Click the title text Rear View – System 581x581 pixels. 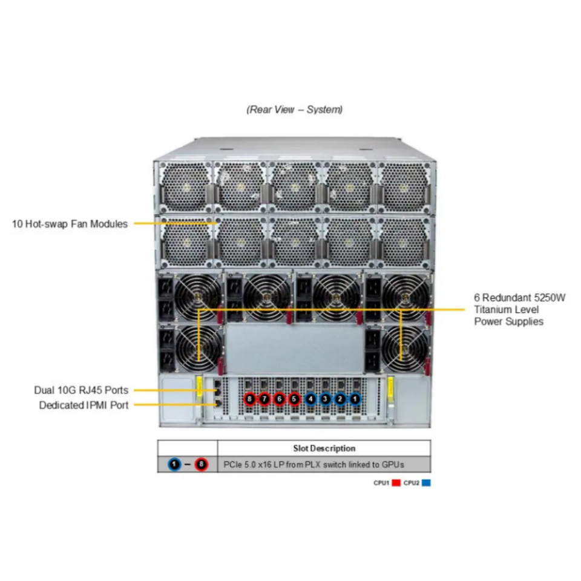(x=294, y=110)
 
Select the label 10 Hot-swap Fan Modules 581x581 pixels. (x=70, y=224)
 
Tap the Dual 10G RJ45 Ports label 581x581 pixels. (x=82, y=390)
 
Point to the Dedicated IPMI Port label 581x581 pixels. (x=84, y=405)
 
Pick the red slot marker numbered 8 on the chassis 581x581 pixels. (x=250, y=399)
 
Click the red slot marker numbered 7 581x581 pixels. (x=264, y=399)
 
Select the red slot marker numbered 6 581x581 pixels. (x=279, y=399)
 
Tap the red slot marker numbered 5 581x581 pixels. (x=294, y=399)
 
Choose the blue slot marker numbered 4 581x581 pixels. (x=311, y=399)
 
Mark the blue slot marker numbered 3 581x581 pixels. (x=326, y=399)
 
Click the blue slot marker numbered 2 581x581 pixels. (x=340, y=399)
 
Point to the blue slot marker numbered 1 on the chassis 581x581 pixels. (x=355, y=399)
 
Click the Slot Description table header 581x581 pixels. (x=324, y=448)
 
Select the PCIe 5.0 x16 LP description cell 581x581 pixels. (x=313, y=465)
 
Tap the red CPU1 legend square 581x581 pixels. (x=396, y=483)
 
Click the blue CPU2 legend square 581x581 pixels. (x=426, y=483)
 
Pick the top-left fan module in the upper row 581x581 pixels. (x=184, y=186)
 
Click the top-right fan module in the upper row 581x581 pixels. (x=404, y=186)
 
